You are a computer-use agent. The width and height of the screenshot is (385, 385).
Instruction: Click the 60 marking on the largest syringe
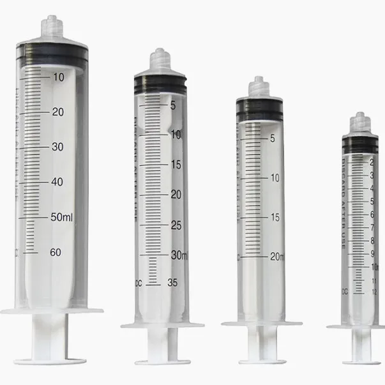pos(56,252)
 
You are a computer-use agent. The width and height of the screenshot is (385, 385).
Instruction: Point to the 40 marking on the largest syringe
pos(57,182)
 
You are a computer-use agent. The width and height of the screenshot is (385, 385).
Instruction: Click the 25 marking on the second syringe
pos(176,225)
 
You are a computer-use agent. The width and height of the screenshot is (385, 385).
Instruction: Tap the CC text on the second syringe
pos(136,282)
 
